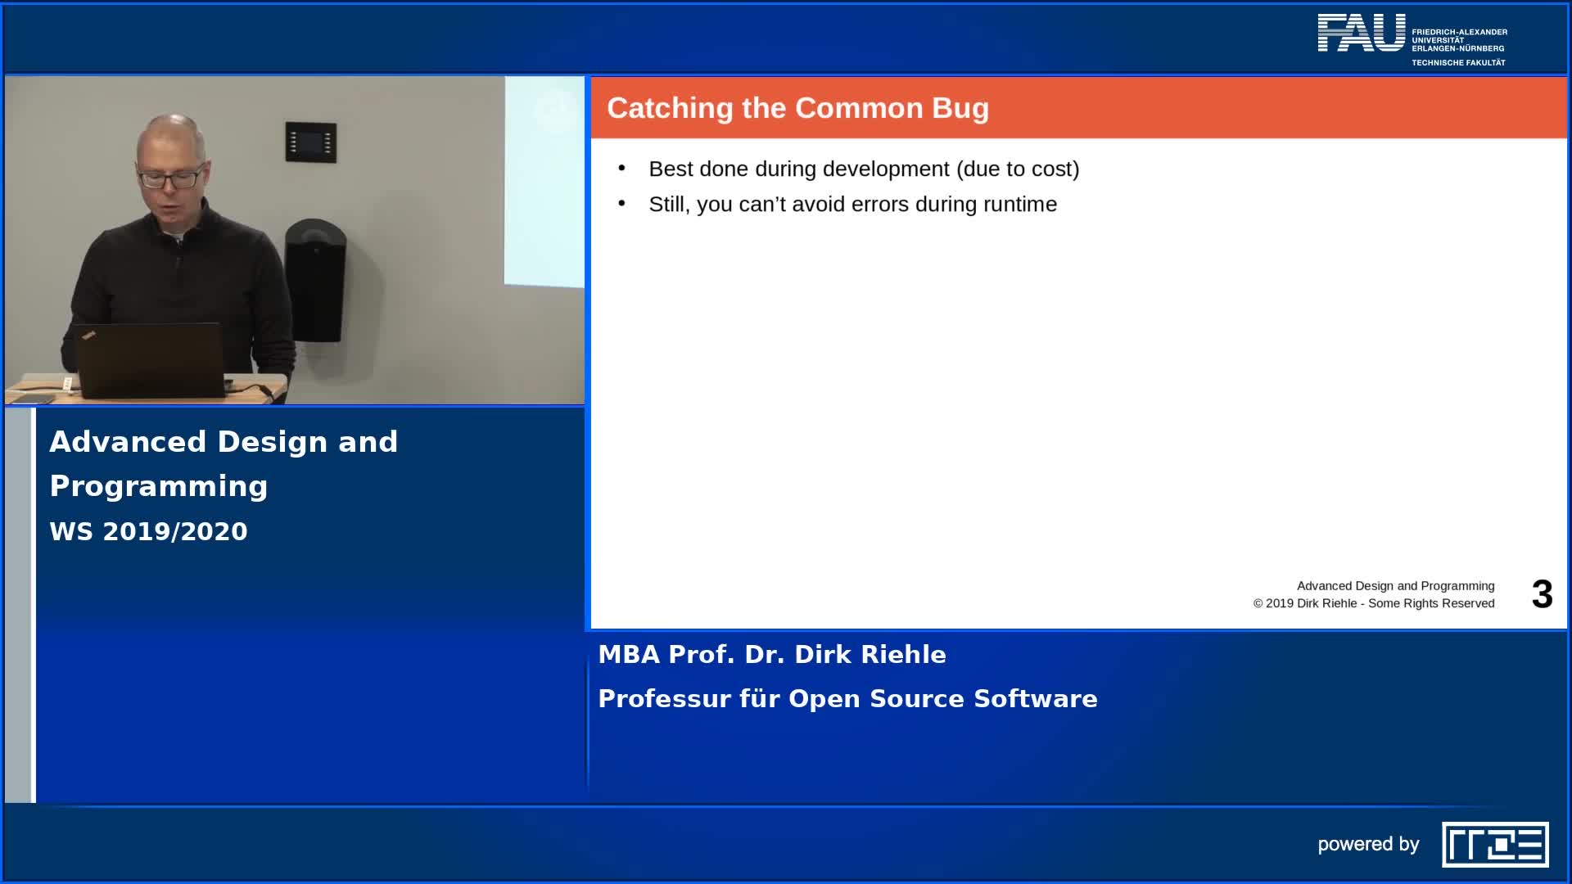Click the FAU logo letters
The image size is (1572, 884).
[1361, 33]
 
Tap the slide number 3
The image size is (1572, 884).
[1542, 594]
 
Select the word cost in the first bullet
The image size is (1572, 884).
[1052, 169]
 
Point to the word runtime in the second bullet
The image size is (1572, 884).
[1019, 204]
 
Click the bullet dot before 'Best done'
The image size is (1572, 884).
[622, 168]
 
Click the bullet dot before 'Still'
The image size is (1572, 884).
[622, 203]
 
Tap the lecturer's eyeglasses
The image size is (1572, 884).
[171, 177]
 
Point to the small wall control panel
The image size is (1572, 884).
[310, 142]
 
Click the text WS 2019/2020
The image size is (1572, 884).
[148, 531]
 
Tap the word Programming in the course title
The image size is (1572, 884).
[159, 487]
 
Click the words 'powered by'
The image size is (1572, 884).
[1368, 845]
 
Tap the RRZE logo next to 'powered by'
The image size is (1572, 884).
[1495, 845]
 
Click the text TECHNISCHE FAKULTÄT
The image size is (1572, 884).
[1458, 62]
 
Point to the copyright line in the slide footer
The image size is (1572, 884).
[1374, 603]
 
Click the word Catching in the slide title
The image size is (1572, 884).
[670, 109]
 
